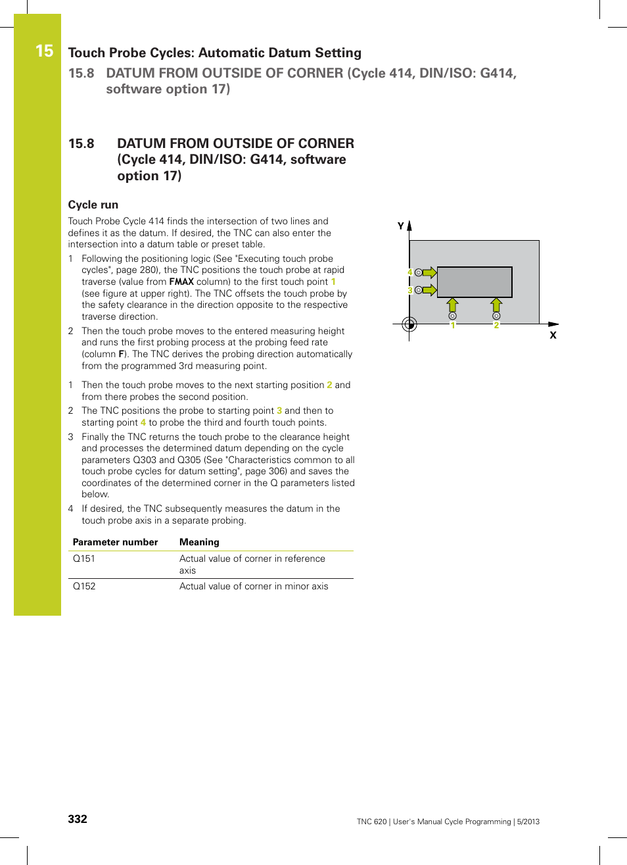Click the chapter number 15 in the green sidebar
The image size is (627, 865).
coord(44,51)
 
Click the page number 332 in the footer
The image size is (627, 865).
coord(78,819)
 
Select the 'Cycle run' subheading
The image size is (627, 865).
coord(93,205)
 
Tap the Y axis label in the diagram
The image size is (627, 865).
coord(400,226)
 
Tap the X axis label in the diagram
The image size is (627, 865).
coord(553,335)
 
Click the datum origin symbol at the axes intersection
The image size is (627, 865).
coord(409,324)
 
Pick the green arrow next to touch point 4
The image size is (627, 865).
coord(429,272)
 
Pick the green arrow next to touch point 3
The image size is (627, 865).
coord(429,290)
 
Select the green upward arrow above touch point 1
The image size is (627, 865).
coord(452,305)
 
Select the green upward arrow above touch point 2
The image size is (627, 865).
coord(496,305)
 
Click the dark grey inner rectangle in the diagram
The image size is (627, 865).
coord(475,282)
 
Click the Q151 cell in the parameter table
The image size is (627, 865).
coord(84,558)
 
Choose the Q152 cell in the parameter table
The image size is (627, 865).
coord(84,586)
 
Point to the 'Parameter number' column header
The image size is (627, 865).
coord(115,542)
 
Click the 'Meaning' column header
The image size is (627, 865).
coord(199,542)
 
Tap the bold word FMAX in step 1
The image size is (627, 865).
coord(181,282)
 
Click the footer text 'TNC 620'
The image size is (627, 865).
coord(371,822)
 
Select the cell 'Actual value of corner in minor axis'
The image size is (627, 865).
coord(254,586)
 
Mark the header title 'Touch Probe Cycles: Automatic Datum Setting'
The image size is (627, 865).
coord(214,53)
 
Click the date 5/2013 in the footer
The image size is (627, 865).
coord(528,822)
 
